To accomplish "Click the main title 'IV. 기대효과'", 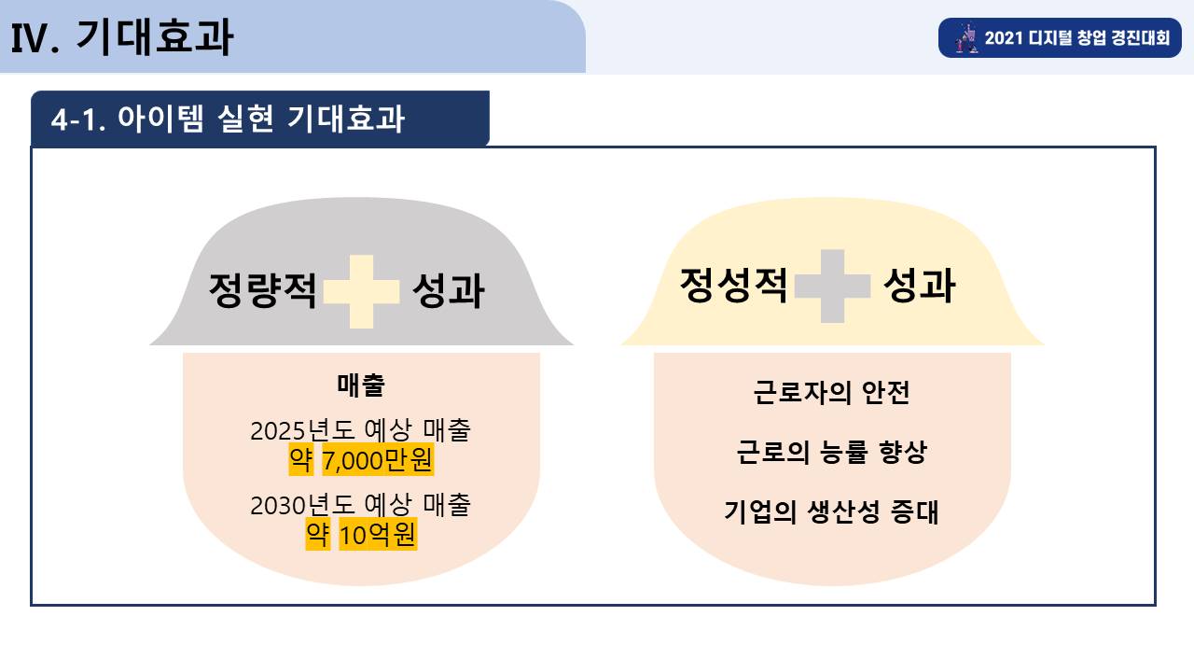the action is [121, 37].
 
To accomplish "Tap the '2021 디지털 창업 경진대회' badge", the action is [1060, 38].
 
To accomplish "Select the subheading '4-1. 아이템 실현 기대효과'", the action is [228, 119].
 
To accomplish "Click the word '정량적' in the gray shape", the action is [263, 290].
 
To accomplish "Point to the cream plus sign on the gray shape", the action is [361, 291].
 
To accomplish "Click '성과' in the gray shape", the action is [449, 290].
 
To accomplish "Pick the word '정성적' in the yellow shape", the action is [734, 286].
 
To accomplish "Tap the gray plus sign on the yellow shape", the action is [833, 286].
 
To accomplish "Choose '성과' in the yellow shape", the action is [920, 286].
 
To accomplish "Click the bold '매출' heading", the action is [361, 385].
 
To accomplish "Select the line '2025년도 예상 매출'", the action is [360, 430].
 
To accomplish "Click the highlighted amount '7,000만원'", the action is [378, 460].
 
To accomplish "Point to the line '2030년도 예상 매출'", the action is [360, 505].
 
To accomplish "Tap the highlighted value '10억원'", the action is [378, 535].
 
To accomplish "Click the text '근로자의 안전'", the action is [831, 393].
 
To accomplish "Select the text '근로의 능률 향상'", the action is [831, 453].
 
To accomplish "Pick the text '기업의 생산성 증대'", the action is [831, 512].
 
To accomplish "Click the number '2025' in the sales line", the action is [279, 431].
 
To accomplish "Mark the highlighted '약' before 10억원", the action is [318, 535].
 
